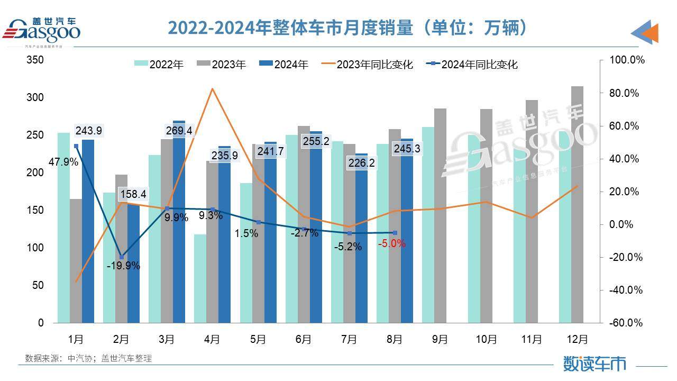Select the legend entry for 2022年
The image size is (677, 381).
coord(159,65)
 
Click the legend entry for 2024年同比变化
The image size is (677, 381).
coord(473,65)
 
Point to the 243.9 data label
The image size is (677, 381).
coord(89,130)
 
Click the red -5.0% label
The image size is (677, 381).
coord(391,243)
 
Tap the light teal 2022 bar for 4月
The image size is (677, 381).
coord(200,278)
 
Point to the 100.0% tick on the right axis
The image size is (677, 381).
coord(627,60)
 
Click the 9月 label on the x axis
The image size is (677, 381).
coord(440,339)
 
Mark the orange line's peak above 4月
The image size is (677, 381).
coord(212,88)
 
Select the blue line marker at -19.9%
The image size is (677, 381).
coord(122,257)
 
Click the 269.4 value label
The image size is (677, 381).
coord(178,130)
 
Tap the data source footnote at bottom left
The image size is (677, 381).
coord(88,358)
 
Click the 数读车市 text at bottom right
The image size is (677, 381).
coord(594,364)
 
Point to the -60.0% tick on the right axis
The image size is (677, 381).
coord(627,323)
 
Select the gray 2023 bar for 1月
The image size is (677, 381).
coord(76,261)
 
